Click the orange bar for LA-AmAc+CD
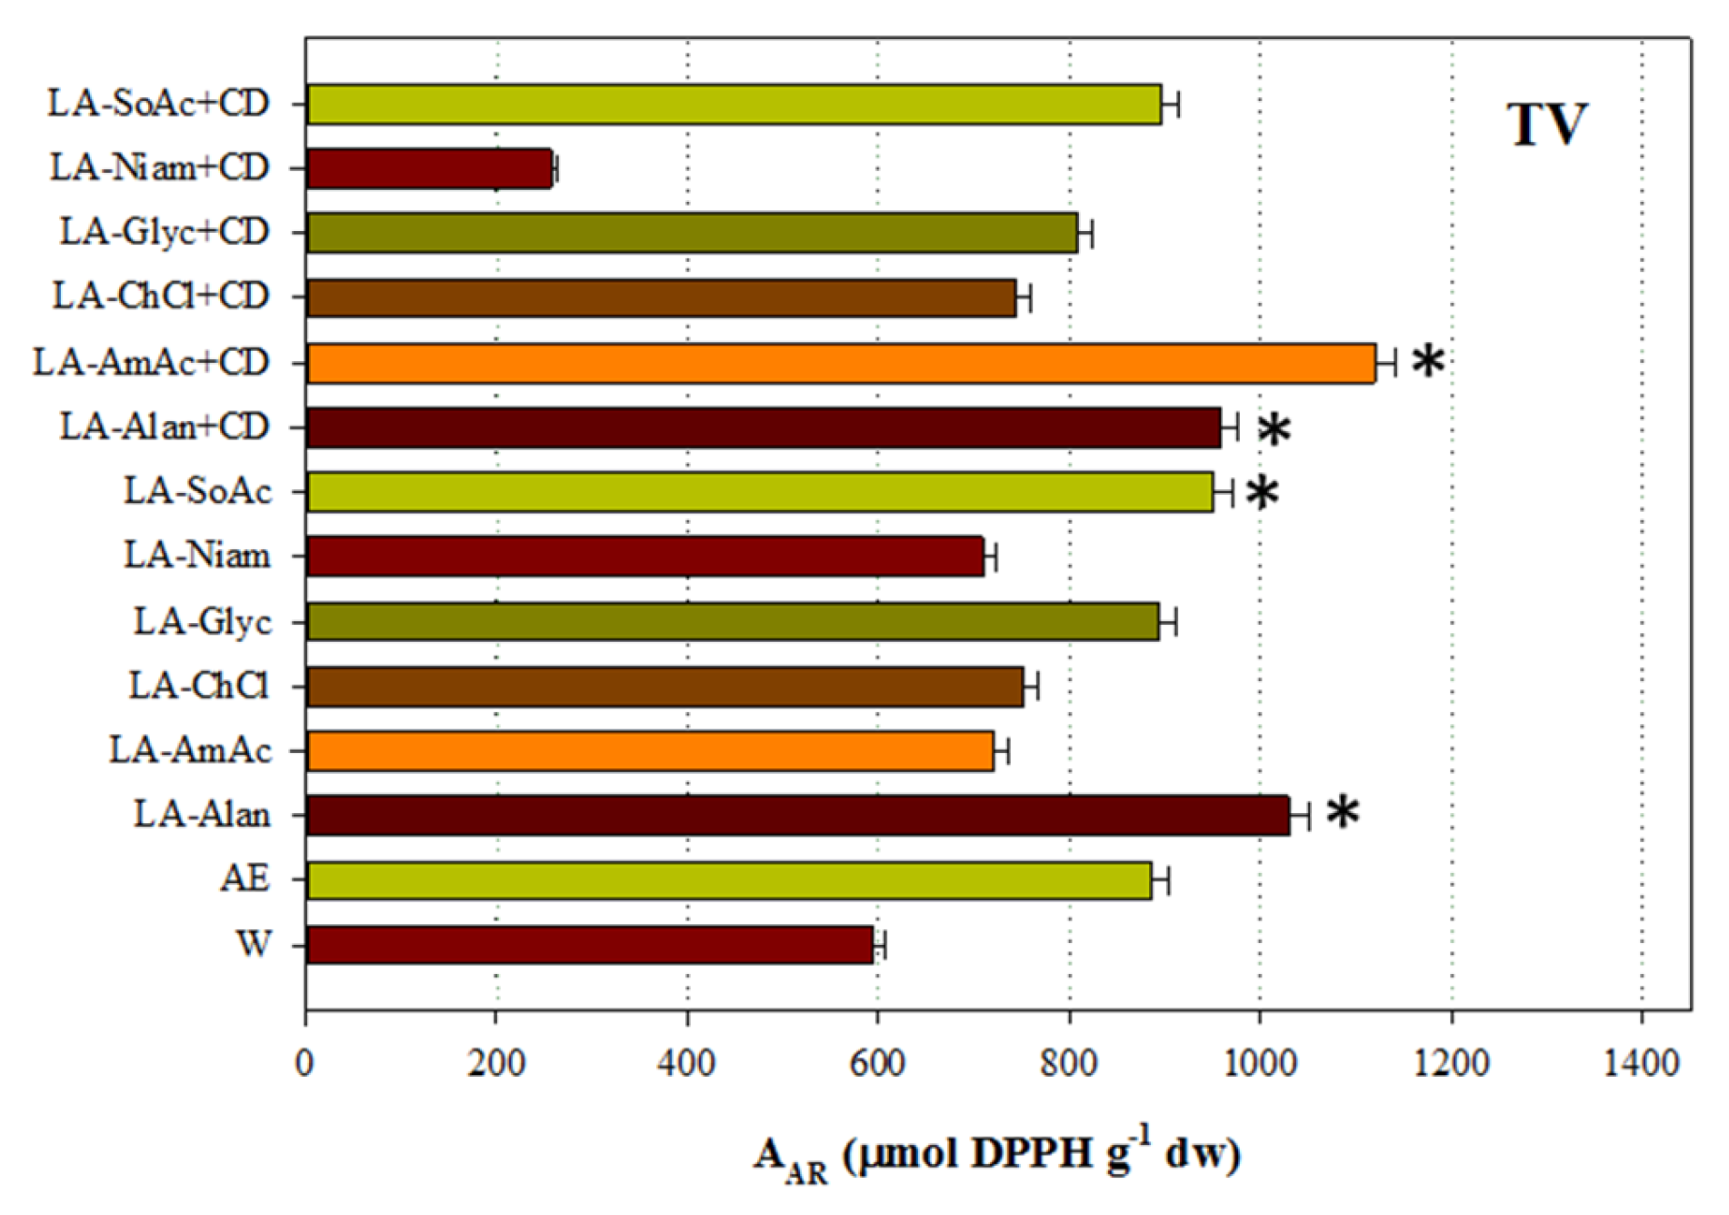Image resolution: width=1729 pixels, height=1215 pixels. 841,364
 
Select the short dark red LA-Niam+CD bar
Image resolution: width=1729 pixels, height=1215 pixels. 429,169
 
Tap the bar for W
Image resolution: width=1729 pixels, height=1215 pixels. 589,945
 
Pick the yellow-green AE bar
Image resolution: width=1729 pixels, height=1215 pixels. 729,880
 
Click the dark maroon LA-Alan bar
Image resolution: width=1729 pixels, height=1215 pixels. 798,815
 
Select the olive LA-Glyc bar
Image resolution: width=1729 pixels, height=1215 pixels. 733,622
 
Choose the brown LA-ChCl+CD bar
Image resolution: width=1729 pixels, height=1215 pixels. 661,298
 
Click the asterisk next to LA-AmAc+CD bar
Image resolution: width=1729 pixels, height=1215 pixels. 1428,362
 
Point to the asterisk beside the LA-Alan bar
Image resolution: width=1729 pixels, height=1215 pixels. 1343,812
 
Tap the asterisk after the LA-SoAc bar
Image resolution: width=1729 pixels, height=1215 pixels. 1262,494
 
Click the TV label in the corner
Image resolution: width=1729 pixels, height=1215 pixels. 1547,125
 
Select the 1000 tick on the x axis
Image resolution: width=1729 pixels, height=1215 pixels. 1260,1062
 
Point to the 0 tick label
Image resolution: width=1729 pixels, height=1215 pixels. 305,1062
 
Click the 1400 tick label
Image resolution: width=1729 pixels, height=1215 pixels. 1641,1062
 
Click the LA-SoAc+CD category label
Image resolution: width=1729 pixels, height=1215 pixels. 159,104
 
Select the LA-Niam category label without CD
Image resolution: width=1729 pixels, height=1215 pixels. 197,556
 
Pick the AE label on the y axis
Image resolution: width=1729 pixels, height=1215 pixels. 245,879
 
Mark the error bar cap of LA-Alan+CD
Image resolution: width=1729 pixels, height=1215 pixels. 1236,427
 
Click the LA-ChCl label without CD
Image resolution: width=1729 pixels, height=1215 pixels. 199,686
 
